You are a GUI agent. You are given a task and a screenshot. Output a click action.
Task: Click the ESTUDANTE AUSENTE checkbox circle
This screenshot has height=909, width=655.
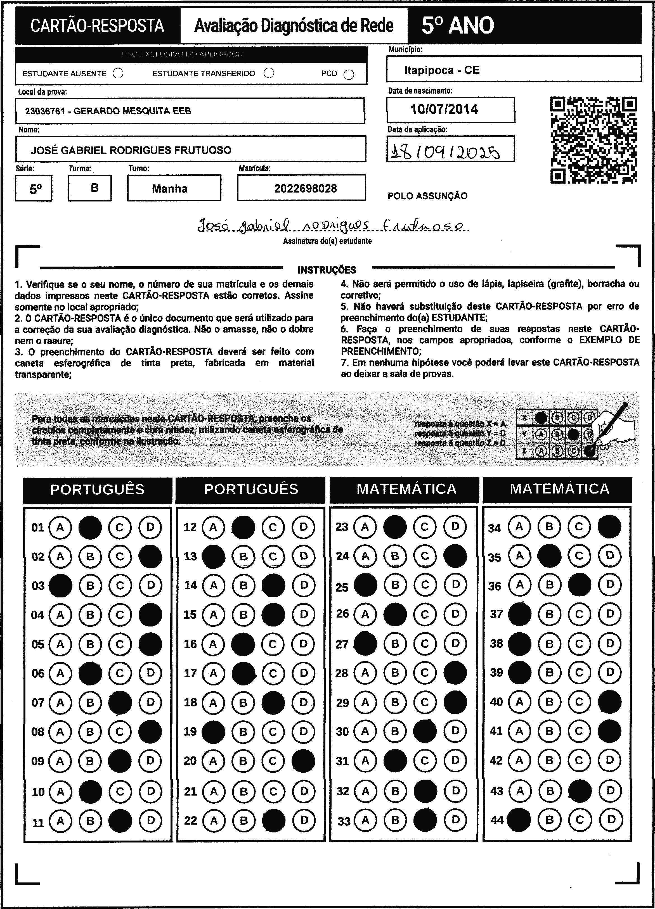coord(118,73)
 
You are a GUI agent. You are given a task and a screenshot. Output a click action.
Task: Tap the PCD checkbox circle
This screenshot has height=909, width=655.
coord(349,75)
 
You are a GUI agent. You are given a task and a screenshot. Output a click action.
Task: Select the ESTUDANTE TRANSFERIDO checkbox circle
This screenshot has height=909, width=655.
coord(269,73)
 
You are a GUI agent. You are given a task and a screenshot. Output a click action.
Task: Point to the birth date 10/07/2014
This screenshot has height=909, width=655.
coord(444,109)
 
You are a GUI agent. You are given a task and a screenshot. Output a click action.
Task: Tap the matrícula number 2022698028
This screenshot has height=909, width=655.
coord(306,188)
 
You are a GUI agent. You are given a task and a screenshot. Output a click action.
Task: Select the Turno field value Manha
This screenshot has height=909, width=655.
coord(170,189)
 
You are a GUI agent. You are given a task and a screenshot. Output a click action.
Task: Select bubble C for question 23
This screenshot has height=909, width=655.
coord(425,527)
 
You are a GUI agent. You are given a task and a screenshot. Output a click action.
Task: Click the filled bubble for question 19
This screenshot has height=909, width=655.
coord(213,732)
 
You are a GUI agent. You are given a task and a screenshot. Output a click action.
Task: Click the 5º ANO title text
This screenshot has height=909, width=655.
coord(457,26)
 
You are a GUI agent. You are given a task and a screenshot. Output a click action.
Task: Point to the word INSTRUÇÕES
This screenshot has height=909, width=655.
coord(327,270)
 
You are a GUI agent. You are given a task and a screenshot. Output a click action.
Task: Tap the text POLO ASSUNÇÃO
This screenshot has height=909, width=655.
coord(427,196)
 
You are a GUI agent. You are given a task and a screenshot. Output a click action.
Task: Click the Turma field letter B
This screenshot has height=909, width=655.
coord(94,188)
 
